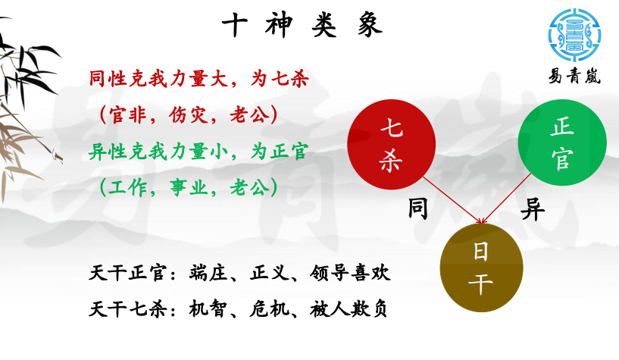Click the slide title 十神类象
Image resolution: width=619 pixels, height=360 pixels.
[302, 24]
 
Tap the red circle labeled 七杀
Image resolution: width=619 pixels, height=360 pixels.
[391, 145]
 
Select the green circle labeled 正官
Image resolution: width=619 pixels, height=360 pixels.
[562, 142]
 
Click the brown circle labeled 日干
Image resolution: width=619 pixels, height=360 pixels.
[481, 268]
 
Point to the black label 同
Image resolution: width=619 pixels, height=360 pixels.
[418, 209]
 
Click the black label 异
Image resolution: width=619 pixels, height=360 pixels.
[533, 209]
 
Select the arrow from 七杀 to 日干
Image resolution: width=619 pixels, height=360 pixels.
[452, 200]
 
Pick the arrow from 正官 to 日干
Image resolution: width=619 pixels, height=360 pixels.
[507, 199]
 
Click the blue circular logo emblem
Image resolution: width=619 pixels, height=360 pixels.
[575, 36]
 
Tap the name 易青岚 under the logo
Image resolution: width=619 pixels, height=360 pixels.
[575, 76]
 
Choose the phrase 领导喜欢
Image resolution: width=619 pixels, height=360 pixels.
[350, 273]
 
